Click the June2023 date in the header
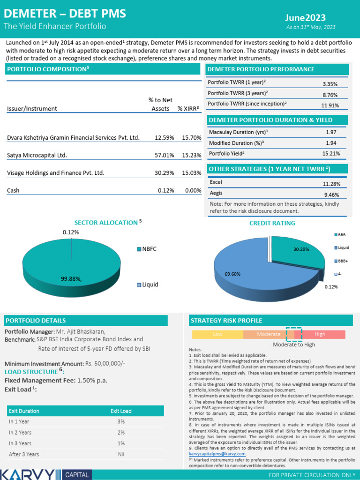(x=305, y=18)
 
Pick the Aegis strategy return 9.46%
(x=330, y=195)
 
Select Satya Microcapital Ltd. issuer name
(x=37, y=155)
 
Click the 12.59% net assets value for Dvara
(x=164, y=138)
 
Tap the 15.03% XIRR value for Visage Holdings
(x=191, y=173)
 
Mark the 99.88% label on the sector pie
(x=71, y=279)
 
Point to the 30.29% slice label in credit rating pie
(x=301, y=249)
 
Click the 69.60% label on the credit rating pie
(x=232, y=274)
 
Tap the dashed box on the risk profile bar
(x=294, y=334)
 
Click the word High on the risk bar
(x=320, y=334)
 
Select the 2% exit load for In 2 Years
(x=121, y=432)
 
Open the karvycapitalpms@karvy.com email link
(x=217, y=454)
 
